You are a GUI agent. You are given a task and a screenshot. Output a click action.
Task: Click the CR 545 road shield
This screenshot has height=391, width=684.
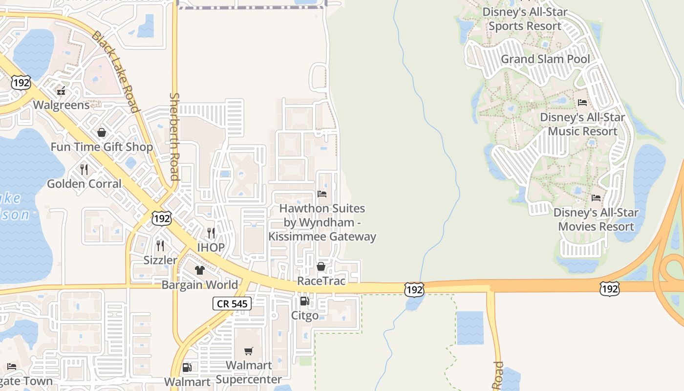[x=232, y=304]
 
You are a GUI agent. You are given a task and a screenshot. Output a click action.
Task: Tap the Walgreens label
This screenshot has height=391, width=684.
[x=61, y=105]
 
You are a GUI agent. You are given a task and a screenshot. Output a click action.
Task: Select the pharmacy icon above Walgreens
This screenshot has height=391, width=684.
[x=61, y=91]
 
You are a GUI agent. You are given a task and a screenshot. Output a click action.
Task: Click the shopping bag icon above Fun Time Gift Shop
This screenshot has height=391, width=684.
[x=102, y=132]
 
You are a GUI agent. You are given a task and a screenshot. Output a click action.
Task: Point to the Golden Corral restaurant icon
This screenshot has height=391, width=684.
[x=84, y=170]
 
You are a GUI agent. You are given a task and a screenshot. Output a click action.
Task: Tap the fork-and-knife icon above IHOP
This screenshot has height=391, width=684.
[x=211, y=233]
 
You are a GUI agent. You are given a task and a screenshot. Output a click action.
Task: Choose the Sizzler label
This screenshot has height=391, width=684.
[x=160, y=260]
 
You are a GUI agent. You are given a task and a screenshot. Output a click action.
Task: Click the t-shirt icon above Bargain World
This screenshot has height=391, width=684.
[x=199, y=270]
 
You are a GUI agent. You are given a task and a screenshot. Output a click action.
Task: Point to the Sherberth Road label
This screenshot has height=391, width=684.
[x=174, y=137]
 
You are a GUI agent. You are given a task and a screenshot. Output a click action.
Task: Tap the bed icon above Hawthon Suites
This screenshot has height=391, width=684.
[x=322, y=194]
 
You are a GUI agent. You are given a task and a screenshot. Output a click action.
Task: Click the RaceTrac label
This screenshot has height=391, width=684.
[x=321, y=281]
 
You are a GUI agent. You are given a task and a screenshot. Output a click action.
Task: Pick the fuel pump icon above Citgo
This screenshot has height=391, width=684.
[x=304, y=301]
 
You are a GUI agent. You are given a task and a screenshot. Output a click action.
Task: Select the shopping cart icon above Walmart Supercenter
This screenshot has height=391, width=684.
[x=249, y=351]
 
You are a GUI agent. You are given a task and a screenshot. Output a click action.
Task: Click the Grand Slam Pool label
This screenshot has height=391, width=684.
[x=545, y=59]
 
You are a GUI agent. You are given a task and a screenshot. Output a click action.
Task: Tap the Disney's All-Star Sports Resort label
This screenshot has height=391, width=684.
[x=525, y=19]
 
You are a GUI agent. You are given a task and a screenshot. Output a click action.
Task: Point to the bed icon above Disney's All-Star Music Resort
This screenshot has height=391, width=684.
[x=582, y=103]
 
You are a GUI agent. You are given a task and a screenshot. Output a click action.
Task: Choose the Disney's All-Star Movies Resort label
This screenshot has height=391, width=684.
[x=596, y=220]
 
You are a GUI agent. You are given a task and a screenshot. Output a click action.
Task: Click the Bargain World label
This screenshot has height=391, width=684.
[x=200, y=285]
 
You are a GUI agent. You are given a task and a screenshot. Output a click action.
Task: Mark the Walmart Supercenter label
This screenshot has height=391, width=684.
[x=249, y=372]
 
